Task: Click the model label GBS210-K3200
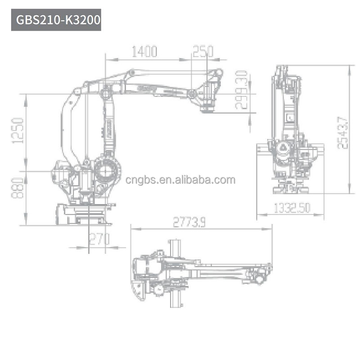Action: click(x=56, y=20)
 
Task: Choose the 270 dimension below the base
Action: click(x=99, y=239)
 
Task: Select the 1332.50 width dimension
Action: click(x=292, y=208)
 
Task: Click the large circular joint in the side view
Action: click(x=108, y=171)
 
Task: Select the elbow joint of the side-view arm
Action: click(x=106, y=93)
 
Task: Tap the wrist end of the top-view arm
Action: click(x=261, y=273)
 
